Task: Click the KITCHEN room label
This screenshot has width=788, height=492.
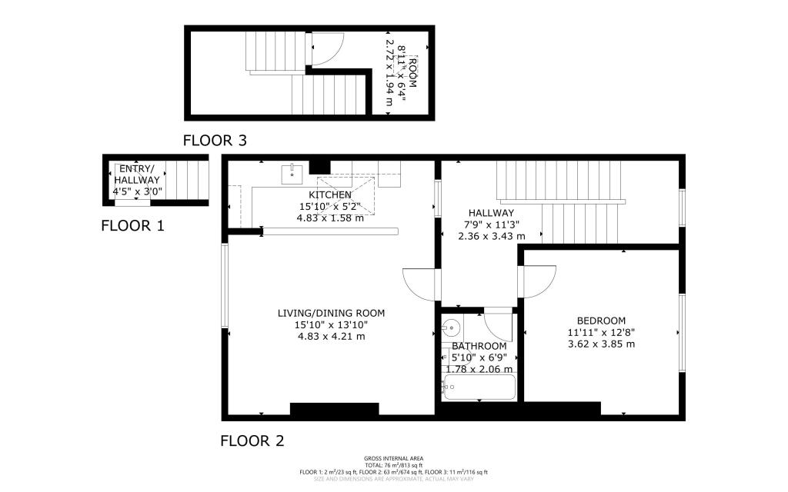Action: click(x=330, y=194)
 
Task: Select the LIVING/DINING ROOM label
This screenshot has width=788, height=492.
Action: click(x=331, y=313)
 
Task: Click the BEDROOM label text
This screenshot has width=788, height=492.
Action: click(x=601, y=321)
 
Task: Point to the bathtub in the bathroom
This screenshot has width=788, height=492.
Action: click(x=479, y=387)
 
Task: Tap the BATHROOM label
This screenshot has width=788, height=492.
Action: click(x=479, y=346)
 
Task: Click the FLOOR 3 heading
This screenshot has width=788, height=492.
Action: click(x=215, y=140)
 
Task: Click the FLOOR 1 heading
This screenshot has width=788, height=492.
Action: click(x=133, y=226)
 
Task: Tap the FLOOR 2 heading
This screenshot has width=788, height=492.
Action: click(x=252, y=441)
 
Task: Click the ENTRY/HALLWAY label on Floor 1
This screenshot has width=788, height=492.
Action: click(x=136, y=174)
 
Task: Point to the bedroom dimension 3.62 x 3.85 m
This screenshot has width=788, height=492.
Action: click(x=601, y=344)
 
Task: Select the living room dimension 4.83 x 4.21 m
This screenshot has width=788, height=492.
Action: click(x=331, y=336)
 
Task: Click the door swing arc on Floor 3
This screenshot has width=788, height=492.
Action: click(x=323, y=51)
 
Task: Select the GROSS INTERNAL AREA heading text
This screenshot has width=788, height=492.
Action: click(x=393, y=458)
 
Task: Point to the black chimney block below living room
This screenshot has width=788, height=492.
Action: click(x=334, y=411)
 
